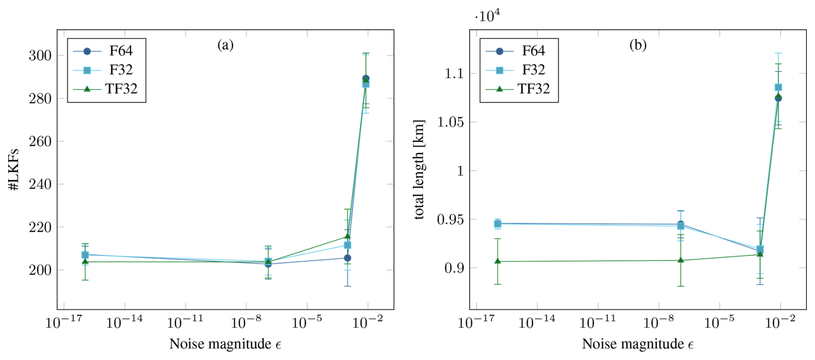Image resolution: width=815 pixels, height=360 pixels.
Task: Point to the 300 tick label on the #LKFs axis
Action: click(x=40, y=56)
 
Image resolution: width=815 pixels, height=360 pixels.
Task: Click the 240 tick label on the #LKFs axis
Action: click(x=40, y=184)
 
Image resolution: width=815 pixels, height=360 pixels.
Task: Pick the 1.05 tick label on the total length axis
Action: click(x=451, y=122)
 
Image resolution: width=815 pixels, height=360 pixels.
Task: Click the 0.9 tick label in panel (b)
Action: click(x=454, y=268)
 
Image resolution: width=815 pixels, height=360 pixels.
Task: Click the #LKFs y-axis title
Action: click(x=14, y=169)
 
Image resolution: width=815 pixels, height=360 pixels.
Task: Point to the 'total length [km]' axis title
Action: click(x=419, y=169)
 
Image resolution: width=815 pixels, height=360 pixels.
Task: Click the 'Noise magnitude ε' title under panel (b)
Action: click(x=638, y=344)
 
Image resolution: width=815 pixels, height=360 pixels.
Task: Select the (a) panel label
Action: click(x=225, y=45)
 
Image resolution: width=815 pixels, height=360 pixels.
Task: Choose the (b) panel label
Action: click(x=638, y=45)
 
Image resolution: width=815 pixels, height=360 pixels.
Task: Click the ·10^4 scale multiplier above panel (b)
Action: click(x=487, y=16)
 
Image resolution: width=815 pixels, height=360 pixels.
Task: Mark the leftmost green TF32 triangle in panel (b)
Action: click(x=498, y=261)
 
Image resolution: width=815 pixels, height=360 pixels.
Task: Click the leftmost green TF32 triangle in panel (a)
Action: click(x=85, y=261)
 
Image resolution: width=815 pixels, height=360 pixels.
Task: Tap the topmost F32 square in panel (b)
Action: click(x=778, y=87)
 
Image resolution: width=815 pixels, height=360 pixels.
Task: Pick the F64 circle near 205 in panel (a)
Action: click(x=347, y=258)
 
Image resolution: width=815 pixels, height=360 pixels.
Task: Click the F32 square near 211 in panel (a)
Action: click(x=347, y=245)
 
